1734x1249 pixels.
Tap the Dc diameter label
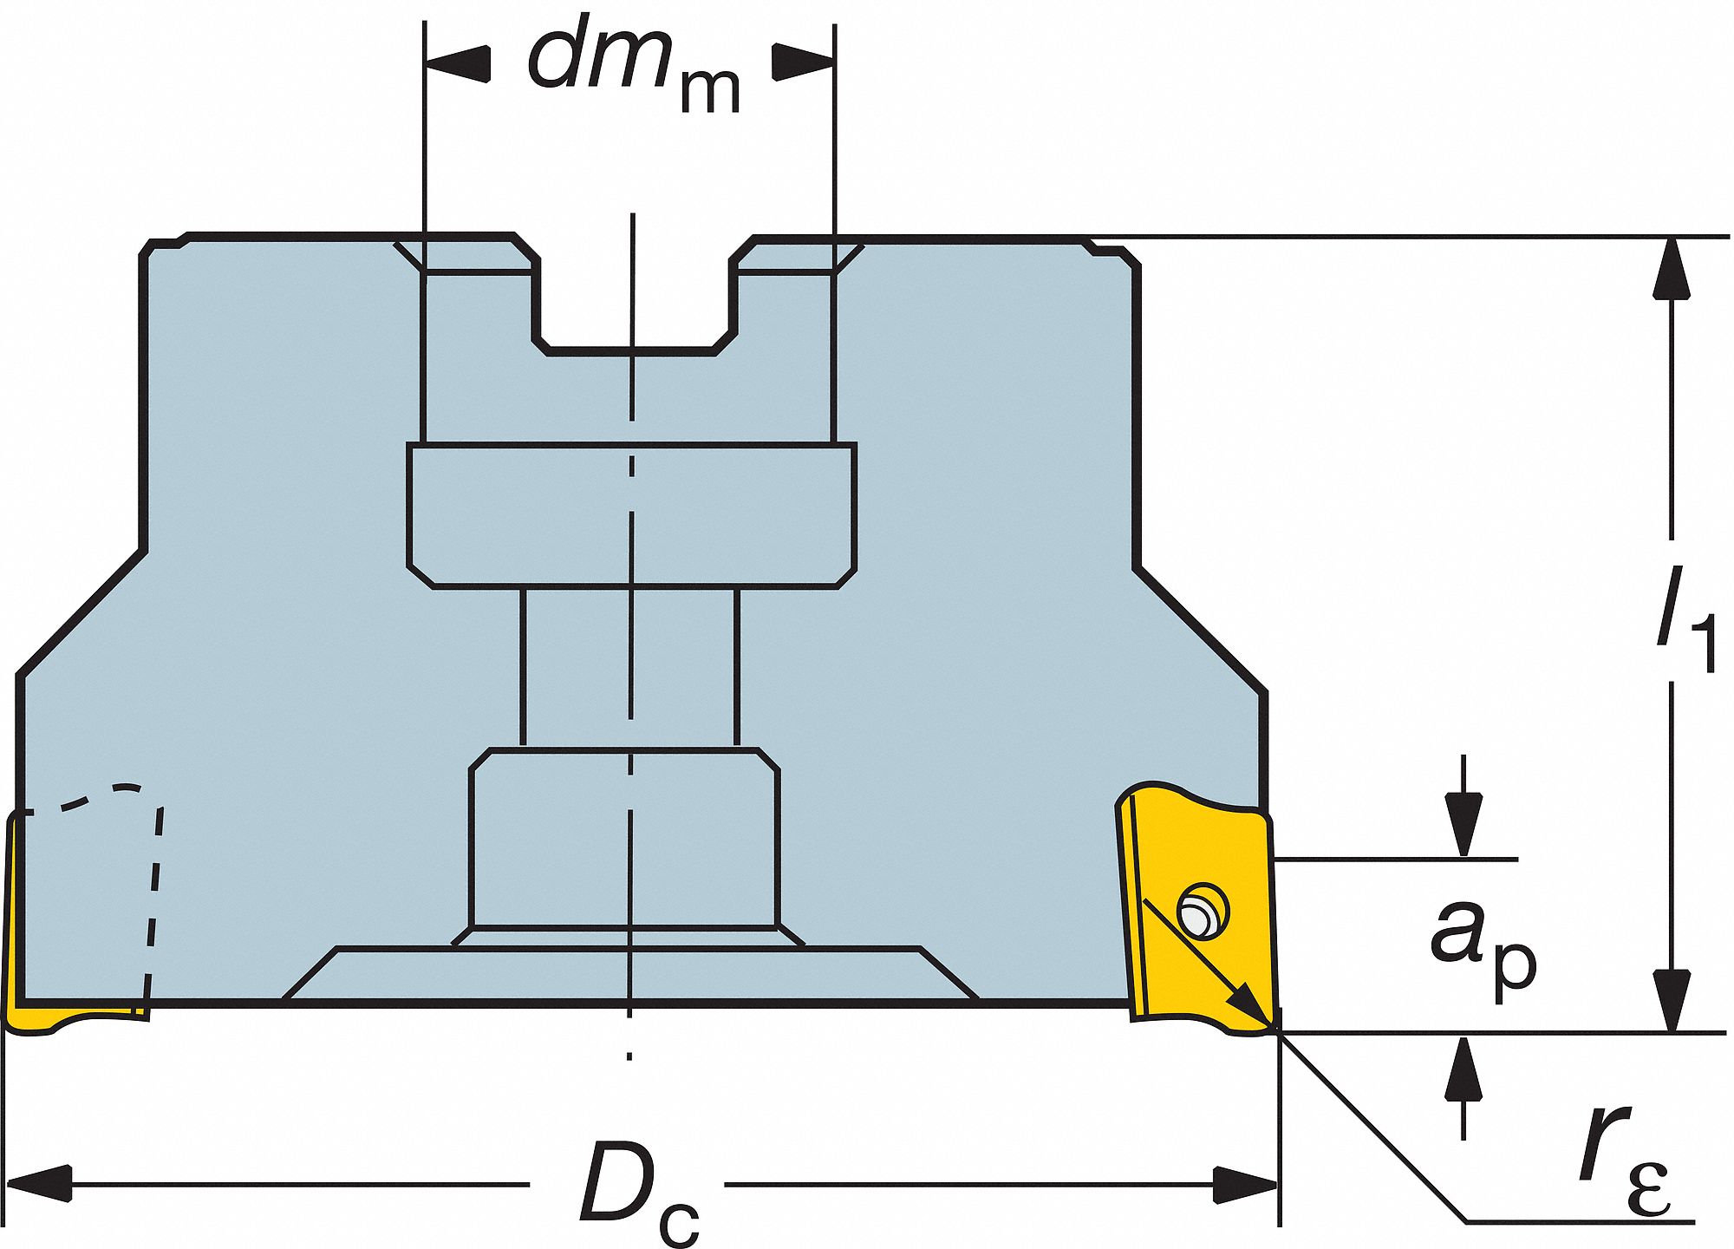(640, 1193)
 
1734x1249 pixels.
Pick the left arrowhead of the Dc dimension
(39, 1184)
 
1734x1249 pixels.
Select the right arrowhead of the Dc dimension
(1245, 1184)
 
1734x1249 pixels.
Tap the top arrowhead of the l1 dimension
(1672, 268)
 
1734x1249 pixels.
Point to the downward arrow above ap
(1463, 807)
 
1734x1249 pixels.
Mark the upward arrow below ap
(1463, 1088)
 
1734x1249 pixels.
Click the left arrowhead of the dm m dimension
(458, 62)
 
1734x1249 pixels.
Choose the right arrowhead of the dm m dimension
(803, 62)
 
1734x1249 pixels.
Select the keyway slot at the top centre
(634, 295)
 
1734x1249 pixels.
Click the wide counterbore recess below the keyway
(632, 516)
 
